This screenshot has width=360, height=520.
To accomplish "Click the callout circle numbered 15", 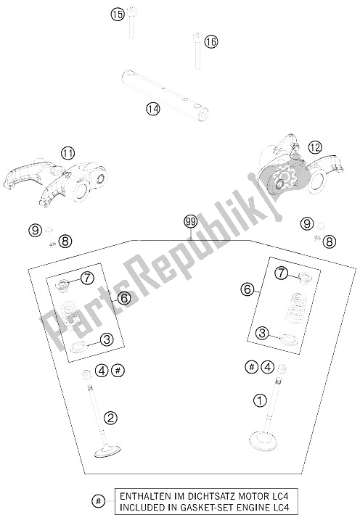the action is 117,15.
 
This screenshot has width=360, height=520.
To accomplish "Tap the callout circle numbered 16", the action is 211,42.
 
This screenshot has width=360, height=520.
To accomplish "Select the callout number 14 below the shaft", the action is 153,109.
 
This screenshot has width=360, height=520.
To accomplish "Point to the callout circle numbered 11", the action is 68,153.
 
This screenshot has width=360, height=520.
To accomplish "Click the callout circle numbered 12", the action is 315,147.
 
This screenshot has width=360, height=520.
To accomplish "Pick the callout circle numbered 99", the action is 190,222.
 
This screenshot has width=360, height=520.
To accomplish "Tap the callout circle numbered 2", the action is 110,417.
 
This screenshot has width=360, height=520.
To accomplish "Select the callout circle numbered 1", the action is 260,400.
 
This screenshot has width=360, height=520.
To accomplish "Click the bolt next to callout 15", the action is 131,23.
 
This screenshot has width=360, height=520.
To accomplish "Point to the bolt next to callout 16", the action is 197,51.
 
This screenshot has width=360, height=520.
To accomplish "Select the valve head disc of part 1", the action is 263,439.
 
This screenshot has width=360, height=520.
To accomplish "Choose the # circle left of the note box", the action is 98,501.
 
